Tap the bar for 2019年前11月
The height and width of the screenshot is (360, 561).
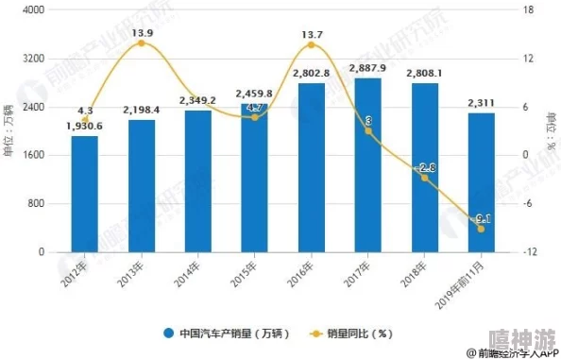481,182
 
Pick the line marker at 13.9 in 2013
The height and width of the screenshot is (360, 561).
142,43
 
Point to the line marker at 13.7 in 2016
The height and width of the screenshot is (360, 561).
312,44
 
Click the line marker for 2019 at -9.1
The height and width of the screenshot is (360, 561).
481,229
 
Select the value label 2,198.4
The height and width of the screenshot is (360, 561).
141,111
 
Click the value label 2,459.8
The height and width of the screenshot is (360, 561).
254,94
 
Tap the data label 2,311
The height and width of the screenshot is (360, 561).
481,103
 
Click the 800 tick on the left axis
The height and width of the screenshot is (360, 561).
37,204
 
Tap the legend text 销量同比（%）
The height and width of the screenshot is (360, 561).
359,333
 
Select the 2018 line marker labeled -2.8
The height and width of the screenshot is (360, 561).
424,178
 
